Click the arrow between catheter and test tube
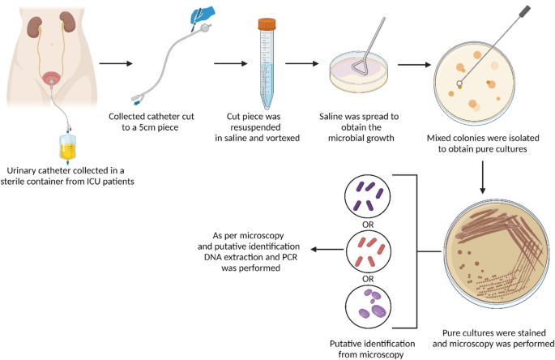[x=229, y=62]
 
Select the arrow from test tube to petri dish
[x=301, y=62]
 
